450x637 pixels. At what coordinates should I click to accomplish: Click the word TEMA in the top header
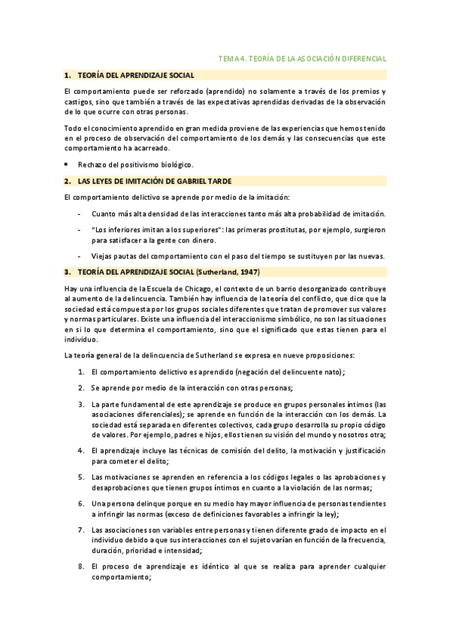(x=226, y=58)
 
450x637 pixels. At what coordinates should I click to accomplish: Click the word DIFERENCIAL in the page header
(x=362, y=58)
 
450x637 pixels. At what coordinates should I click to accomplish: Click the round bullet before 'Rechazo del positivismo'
(x=66, y=163)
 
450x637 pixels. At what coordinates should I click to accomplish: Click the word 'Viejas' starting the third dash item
(x=100, y=255)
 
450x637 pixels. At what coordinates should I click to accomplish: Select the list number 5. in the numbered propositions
(x=81, y=476)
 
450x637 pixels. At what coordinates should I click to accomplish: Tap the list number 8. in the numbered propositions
(x=81, y=565)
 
